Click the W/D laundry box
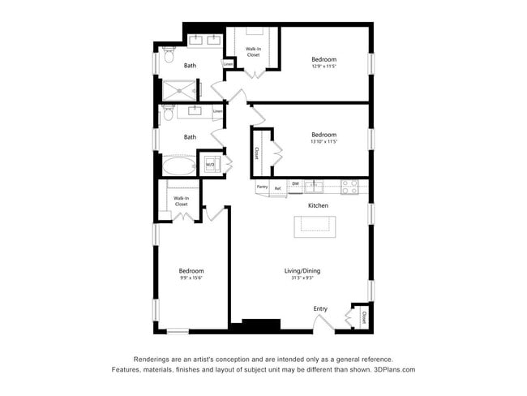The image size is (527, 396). [x=210, y=165]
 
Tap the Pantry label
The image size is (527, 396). [x=262, y=187]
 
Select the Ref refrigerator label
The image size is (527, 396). [x=277, y=189]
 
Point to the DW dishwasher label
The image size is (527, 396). [x=296, y=183]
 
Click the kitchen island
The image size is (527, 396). [x=314, y=226]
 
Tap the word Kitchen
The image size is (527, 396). [x=318, y=206]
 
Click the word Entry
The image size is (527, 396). [x=321, y=308]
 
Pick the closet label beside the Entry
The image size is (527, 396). [x=364, y=316]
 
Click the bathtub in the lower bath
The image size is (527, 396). [x=178, y=166]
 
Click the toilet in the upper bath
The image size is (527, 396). [x=168, y=58]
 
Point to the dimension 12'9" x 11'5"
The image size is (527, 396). [x=324, y=67]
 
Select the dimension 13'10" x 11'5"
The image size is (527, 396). [x=324, y=142]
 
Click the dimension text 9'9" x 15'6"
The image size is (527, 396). [x=191, y=278]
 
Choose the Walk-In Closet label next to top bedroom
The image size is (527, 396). [x=254, y=52]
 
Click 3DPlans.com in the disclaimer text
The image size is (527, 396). [x=392, y=369]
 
